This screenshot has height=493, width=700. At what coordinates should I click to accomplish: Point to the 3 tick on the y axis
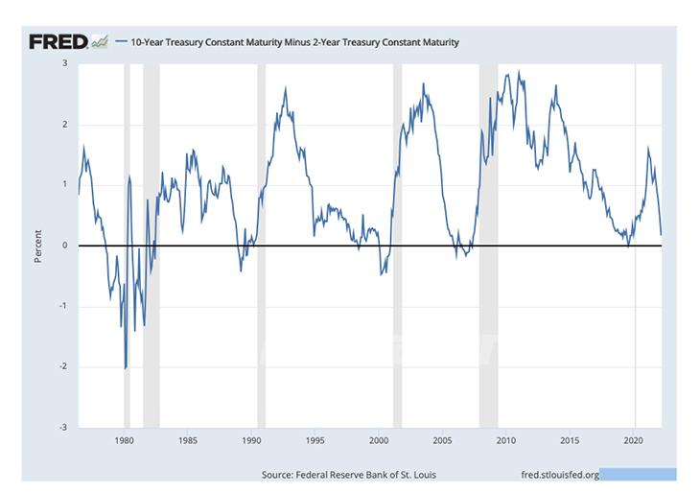[64, 63]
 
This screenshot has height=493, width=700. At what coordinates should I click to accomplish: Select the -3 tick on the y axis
[63, 427]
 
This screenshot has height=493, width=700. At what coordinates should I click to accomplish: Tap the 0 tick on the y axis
[64, 246]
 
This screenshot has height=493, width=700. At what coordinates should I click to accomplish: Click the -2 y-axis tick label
[63, 366]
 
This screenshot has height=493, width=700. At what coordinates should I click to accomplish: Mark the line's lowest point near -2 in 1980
[126, 368]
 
